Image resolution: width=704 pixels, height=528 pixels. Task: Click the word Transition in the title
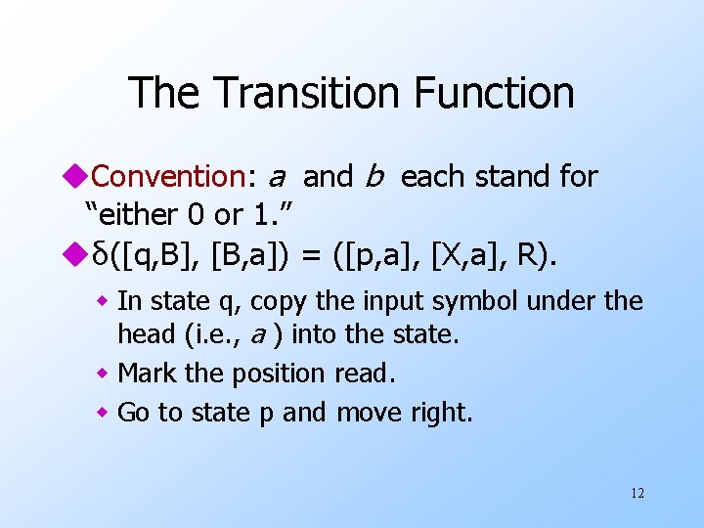[x=304, y=93]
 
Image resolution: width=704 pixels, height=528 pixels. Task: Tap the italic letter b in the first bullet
[x=374, y=177]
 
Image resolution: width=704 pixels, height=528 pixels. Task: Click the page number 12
[x=638, y=493]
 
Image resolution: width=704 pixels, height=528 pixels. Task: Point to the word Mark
[x=146, y=373]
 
